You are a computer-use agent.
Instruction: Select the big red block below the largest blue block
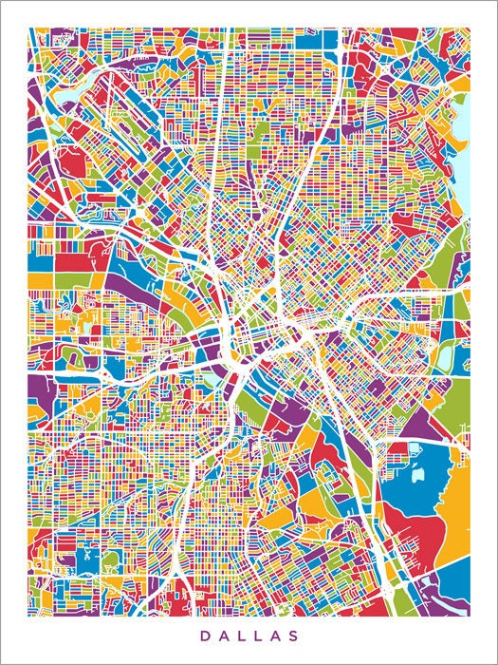417,541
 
